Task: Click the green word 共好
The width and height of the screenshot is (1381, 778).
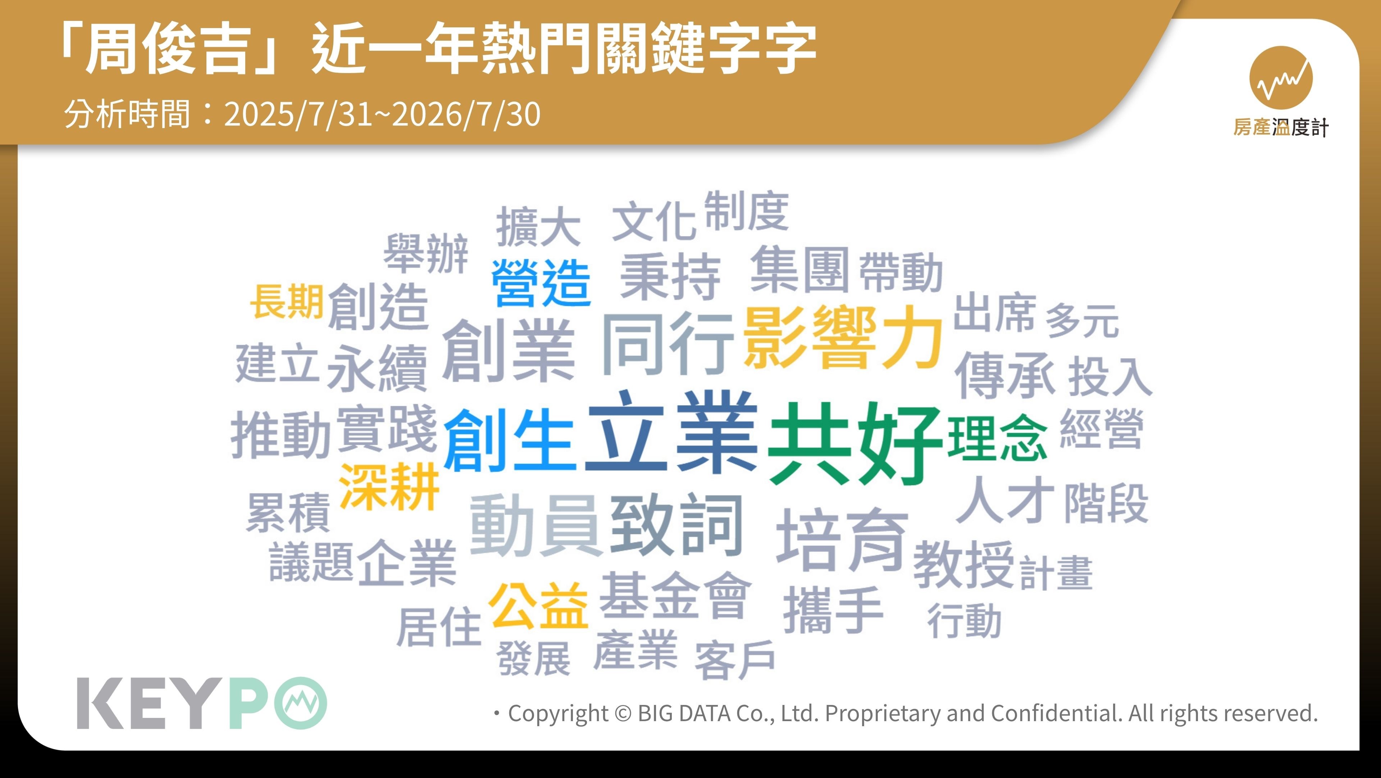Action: [x=854, y=444]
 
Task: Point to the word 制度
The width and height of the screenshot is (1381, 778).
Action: [x=746, y=211]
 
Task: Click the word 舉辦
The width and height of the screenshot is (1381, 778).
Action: [x=426, y=253]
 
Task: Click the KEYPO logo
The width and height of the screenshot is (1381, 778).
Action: [x=201, y=703]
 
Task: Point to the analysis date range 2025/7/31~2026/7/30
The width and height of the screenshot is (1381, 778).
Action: [x=382, y=114]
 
